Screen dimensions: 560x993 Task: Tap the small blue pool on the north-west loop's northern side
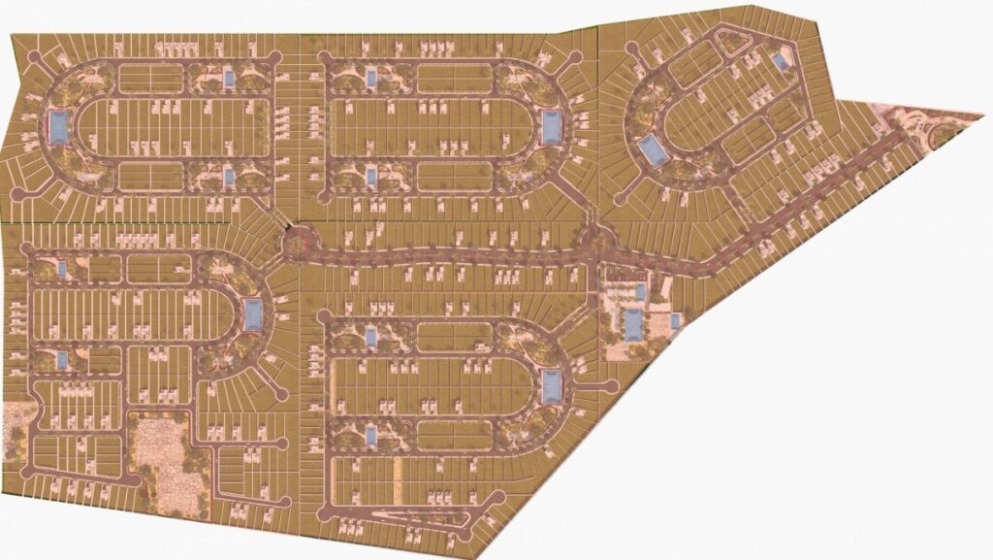tap(229, 77)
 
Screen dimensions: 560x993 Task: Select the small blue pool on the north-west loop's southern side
tap(229, 177)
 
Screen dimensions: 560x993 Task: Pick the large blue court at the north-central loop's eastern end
tap(551, 126)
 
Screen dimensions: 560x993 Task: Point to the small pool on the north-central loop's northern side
tap(370, 77)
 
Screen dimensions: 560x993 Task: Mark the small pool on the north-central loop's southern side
tap(370, 177)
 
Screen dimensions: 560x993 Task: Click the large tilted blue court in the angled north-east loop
tap(651, 149)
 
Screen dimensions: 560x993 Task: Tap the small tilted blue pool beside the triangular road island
tap(779, 61)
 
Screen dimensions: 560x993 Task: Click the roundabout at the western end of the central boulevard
tap(296, 242)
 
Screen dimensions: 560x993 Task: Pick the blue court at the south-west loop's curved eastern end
tap(253, 313)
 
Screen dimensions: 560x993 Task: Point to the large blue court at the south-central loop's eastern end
tap(551, 385)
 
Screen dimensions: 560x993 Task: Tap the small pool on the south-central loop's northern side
tap(370, 337)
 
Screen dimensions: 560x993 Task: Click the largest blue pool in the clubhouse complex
tap(632, 324)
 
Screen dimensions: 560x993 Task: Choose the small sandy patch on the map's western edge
tap(14, 429)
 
